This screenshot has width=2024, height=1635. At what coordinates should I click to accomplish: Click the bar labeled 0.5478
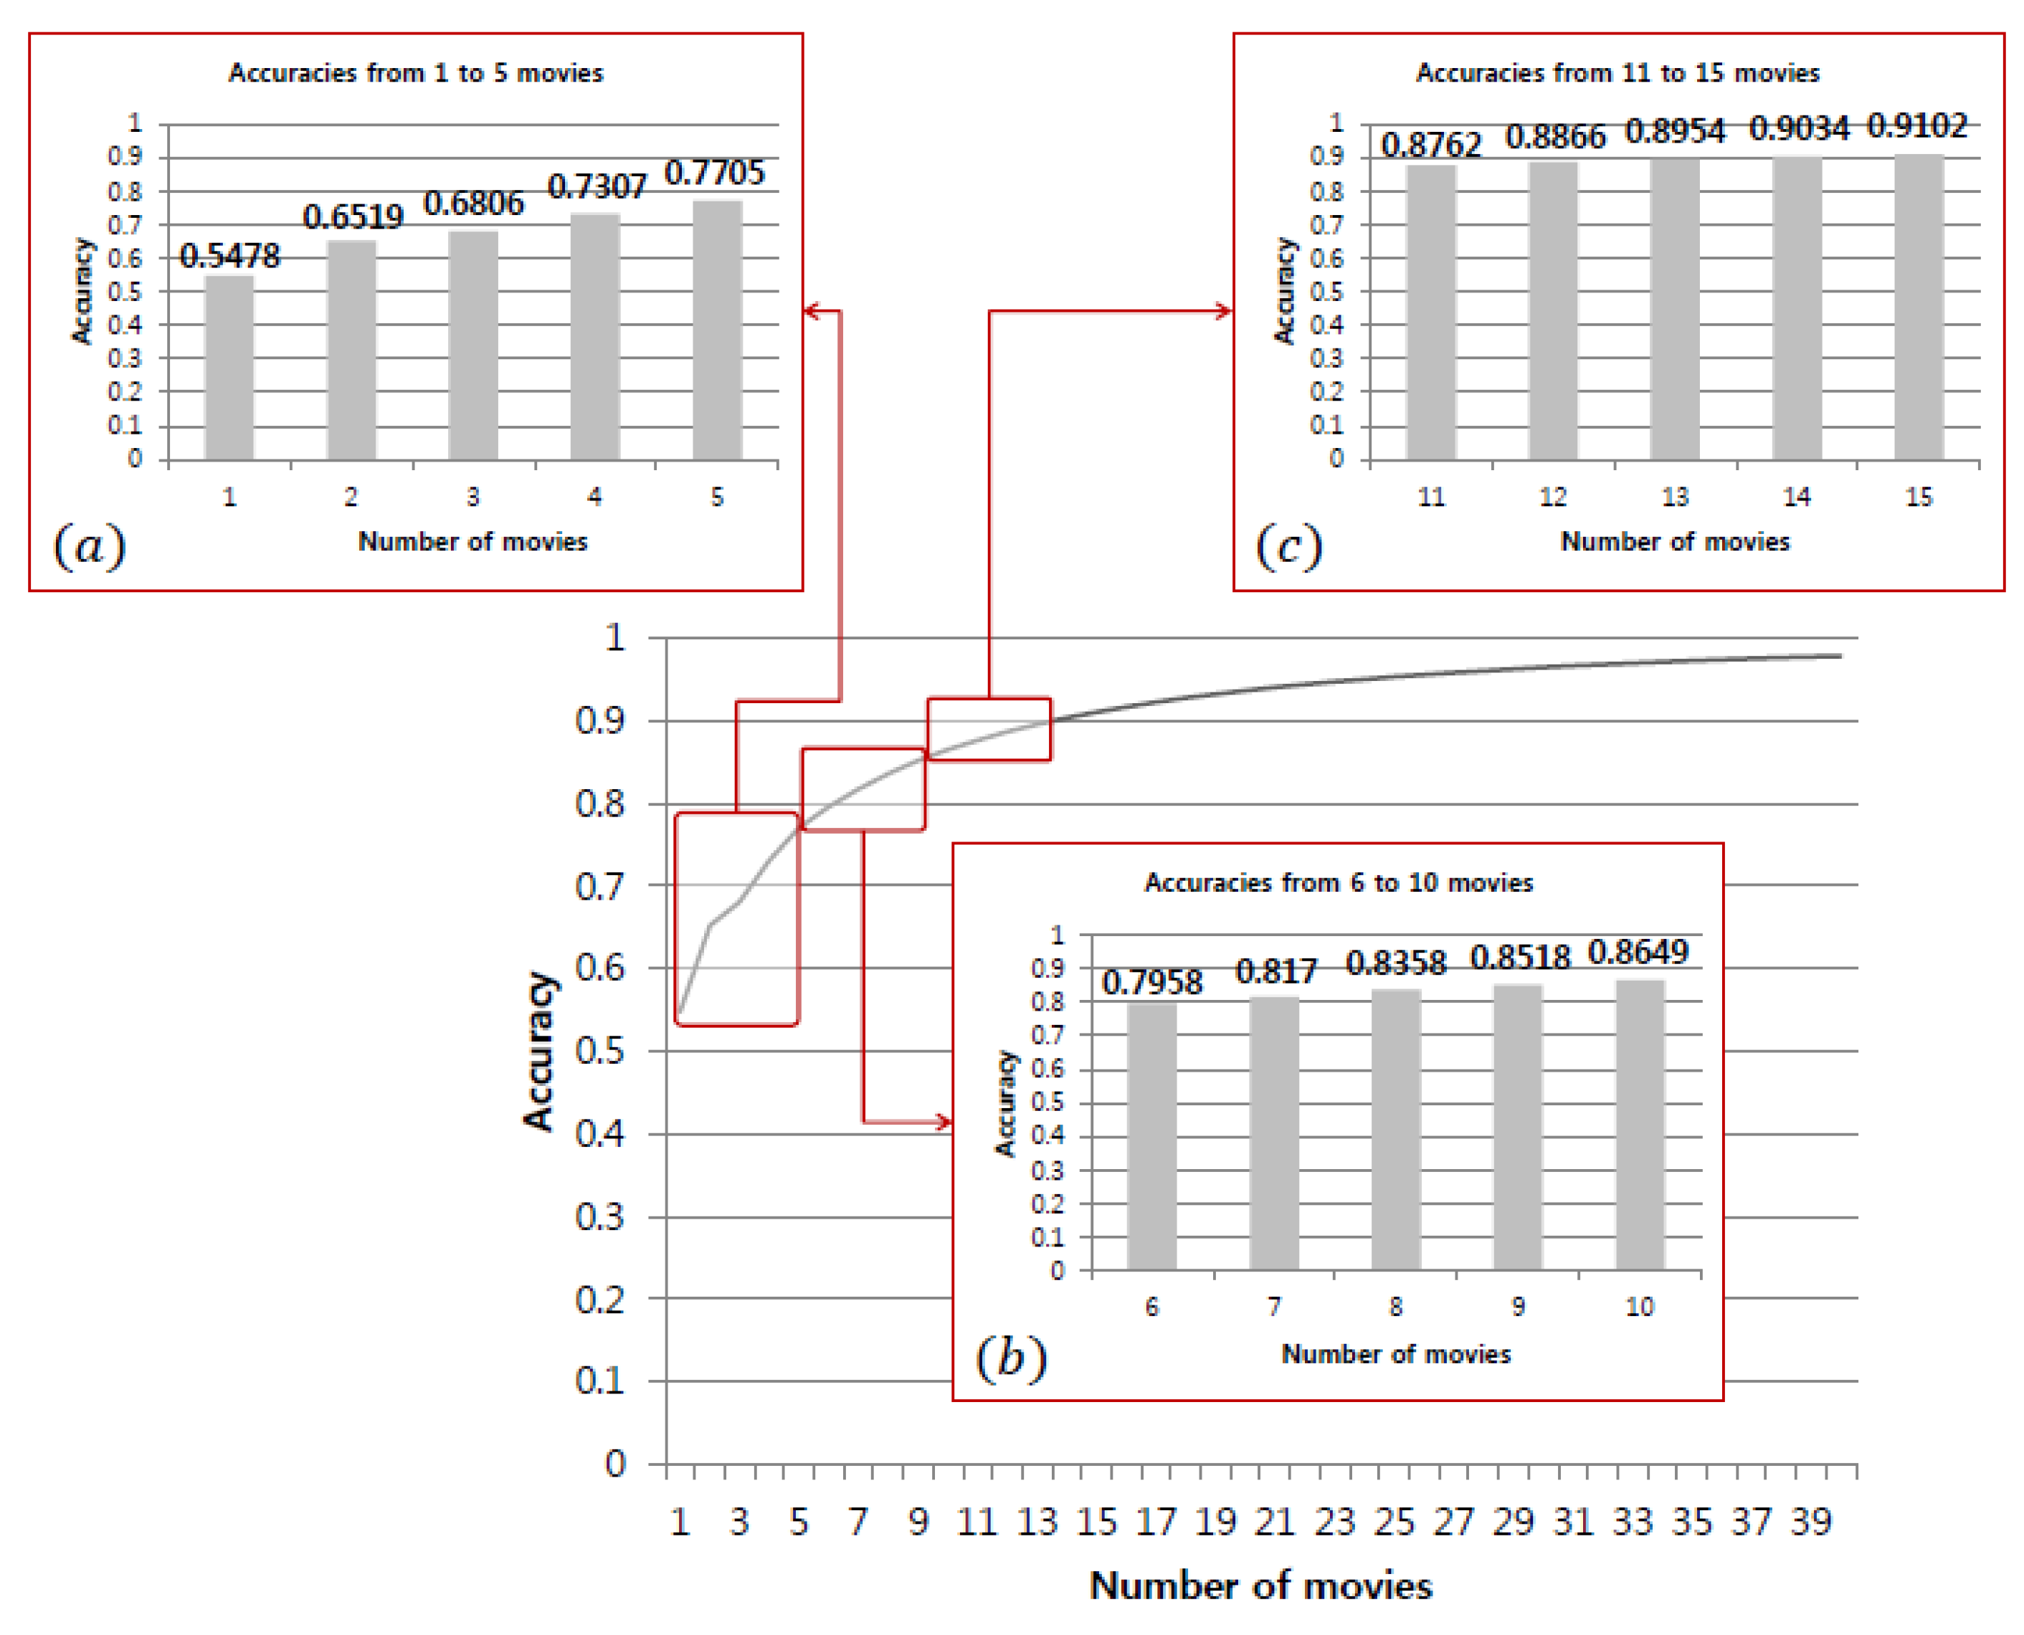[x=229, y=367]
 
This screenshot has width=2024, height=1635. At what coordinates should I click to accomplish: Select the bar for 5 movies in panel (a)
[x=717, y=330]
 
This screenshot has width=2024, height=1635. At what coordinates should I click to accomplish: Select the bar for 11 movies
[x=1430, y=313]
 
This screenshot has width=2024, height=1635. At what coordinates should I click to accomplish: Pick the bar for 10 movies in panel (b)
[x=1639, y=1125]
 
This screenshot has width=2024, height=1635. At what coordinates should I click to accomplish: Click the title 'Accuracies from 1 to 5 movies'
[x=415, y=73]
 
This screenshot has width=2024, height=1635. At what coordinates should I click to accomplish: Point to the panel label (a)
[x=90, y=546]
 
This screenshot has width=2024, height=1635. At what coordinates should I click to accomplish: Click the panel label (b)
[x=1011, y=1358]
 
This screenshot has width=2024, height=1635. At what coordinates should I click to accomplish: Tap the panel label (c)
[x=1288, y=546]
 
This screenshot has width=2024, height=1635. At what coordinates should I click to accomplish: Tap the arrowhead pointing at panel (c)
[x=1223, y=311]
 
